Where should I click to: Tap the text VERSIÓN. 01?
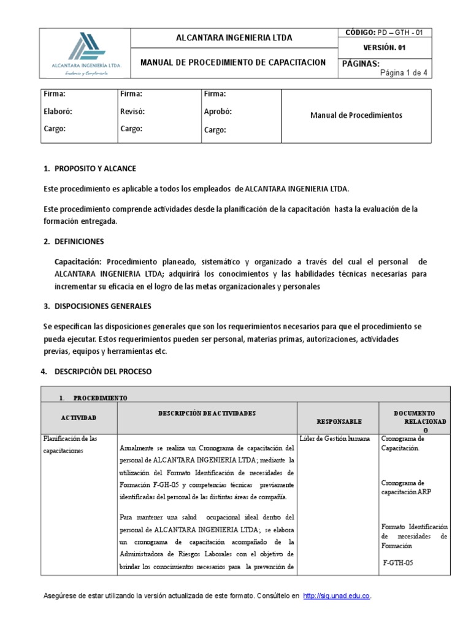(385, 47)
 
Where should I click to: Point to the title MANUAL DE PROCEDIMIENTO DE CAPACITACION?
(233, 63)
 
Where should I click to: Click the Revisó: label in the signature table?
(132, 112)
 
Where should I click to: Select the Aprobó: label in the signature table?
(218, 112)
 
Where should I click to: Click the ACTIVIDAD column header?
(78, 418)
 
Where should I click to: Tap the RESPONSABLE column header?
(339, 422)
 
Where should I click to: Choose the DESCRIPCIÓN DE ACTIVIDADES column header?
(207, 414)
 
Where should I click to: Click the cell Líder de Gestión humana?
(335, 439)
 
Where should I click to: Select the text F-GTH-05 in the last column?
(398, 562)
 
